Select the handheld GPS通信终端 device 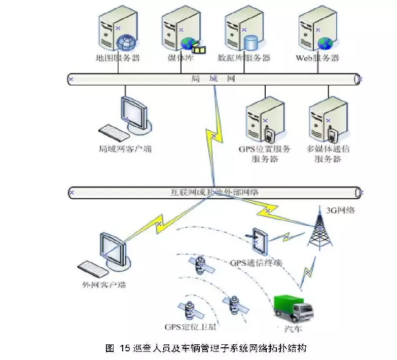(258, 242)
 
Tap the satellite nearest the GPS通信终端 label (201, 265)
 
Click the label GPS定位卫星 (190, 327)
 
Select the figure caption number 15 (125, 348)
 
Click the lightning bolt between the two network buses (213, 136)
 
